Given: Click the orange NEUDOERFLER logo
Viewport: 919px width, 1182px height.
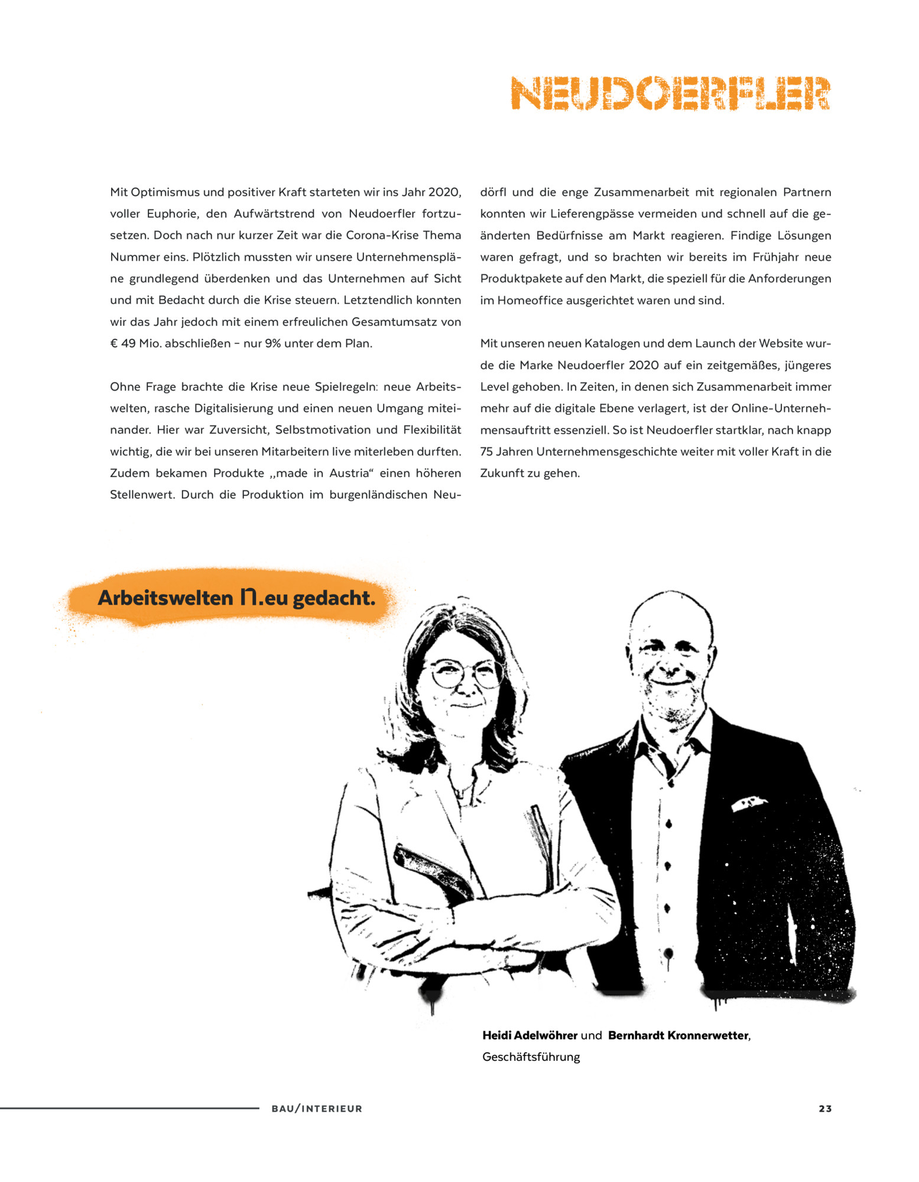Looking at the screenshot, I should (x=670, y=93).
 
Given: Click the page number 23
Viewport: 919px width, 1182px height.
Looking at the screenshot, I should (x=825, y=1109).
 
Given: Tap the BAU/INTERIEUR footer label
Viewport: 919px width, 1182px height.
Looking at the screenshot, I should (x=317, y=1109).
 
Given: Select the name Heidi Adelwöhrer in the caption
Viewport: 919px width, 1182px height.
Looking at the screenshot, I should (x=530, y=1035).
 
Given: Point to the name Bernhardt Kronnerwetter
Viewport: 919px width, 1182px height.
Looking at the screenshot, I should (x=678, y=1035).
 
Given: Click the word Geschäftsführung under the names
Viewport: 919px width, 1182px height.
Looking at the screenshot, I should (x=531, y=1057).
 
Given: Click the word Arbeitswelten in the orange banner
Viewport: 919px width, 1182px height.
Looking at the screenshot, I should (x=165, y=598).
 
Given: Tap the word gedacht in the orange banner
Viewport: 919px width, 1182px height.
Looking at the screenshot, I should (x=334, y=598).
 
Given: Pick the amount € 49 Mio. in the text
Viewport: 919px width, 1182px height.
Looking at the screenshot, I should (x=135, y=343).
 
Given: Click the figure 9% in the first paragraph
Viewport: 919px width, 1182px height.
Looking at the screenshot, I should (x=272, y=343).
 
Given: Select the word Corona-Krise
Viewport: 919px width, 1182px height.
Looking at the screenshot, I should (x=382, y=235).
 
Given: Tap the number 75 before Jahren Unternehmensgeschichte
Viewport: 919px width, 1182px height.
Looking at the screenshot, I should (x=486, y=452).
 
